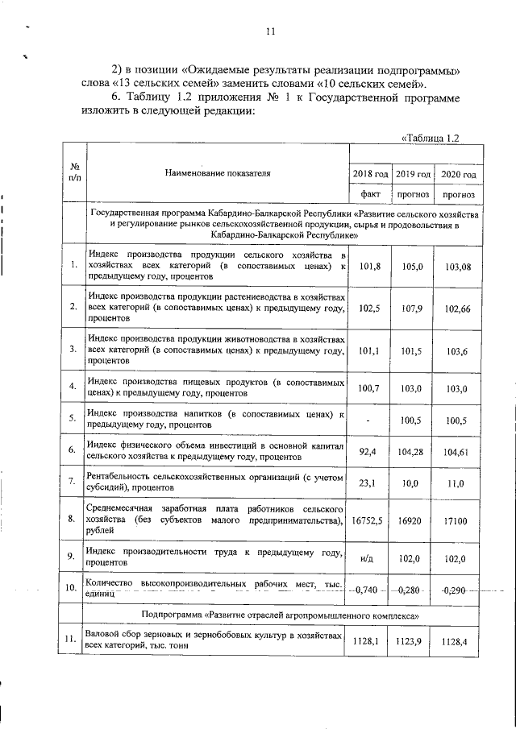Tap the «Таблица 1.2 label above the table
coord(430,138)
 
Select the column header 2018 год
coord(370,174)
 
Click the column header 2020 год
coord(456,174)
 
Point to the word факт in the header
coord(370,194)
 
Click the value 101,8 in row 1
coord(370,265)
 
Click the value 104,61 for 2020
coord(456,454)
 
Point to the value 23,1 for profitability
coord(370,483)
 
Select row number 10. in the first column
coord(73,588)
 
